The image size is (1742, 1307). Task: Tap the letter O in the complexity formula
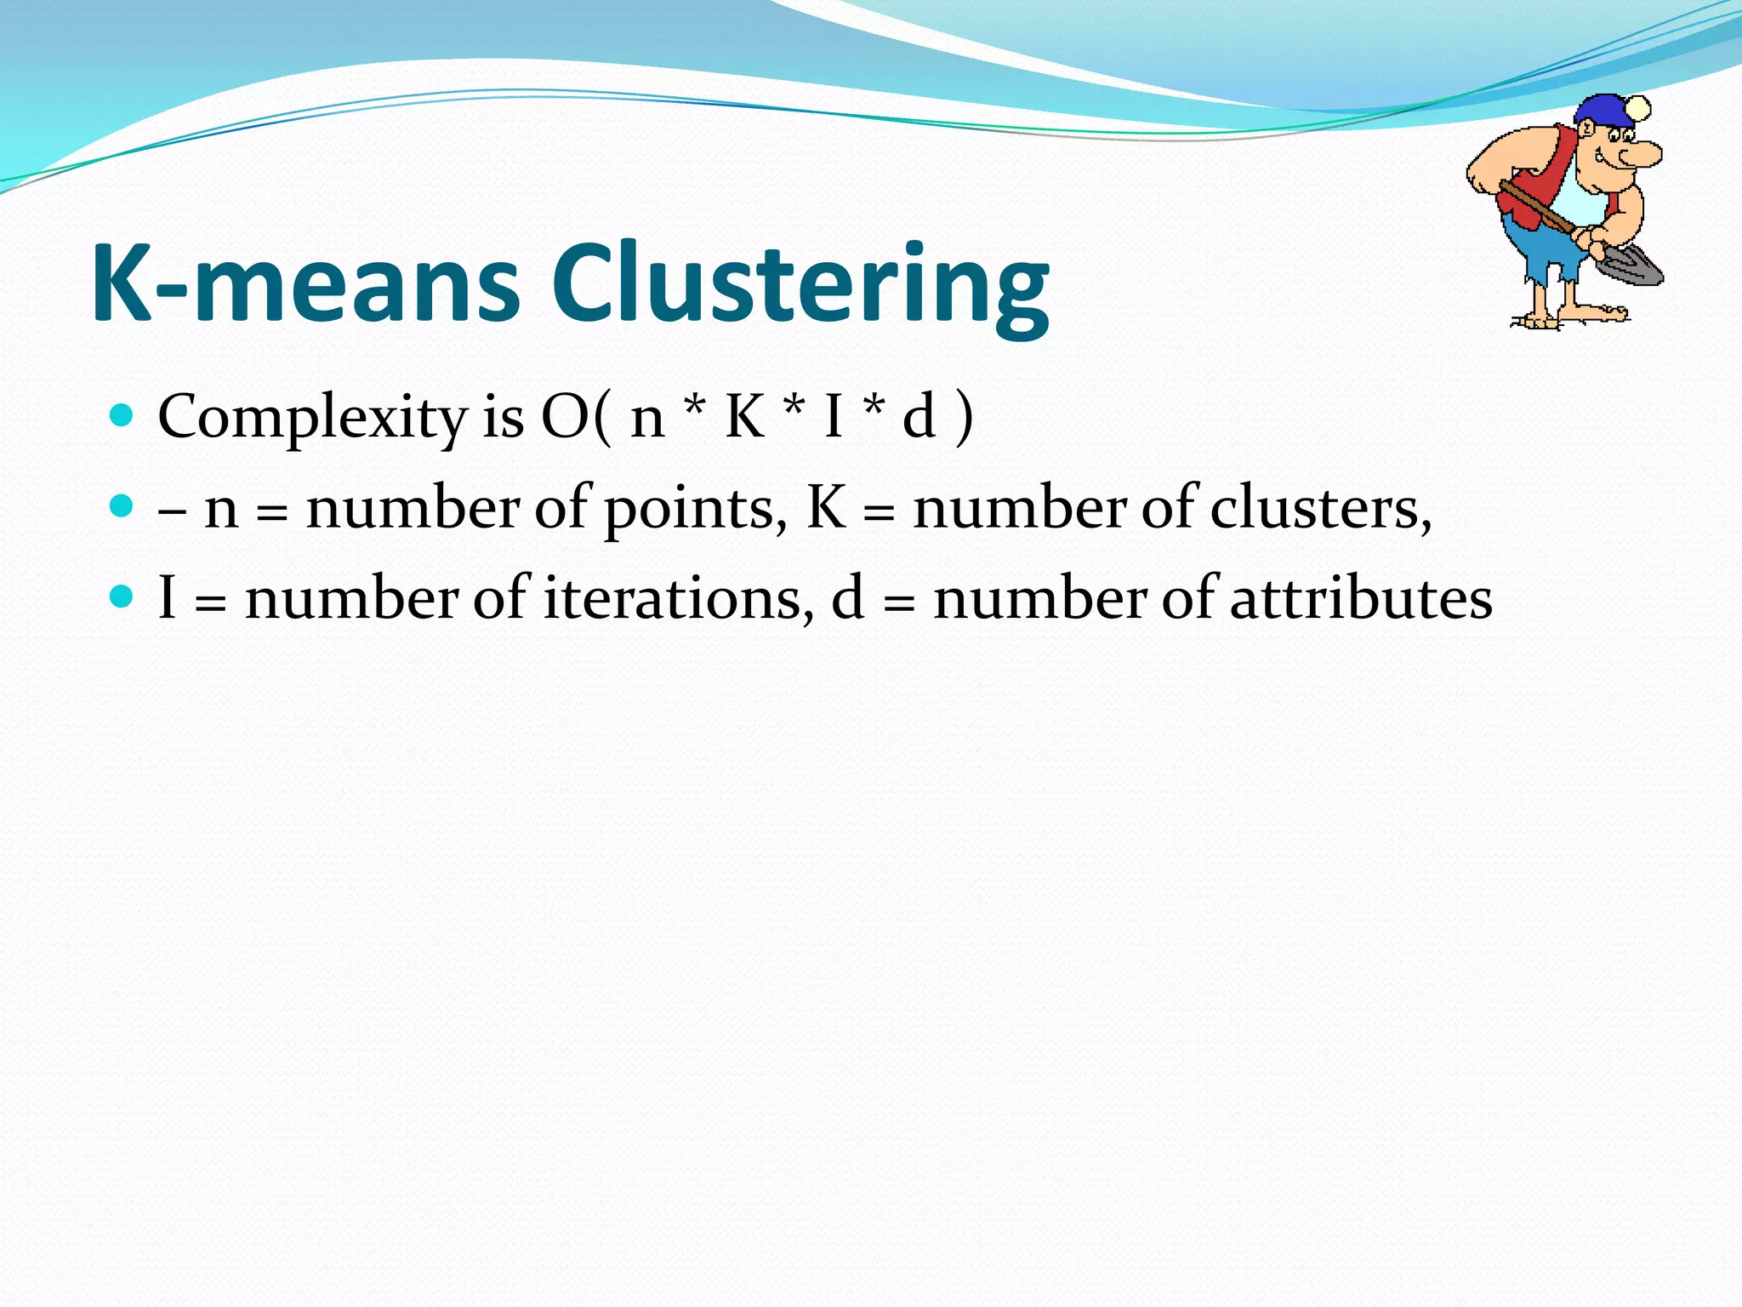click(565, 417)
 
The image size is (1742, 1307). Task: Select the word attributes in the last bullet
click(1361, 598)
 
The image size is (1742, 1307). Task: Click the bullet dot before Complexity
click(122, 415)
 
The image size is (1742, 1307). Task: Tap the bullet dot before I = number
click(122, 596)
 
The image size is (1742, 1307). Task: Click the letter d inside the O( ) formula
click(919, 417)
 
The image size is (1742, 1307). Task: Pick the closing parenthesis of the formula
click(964, 417)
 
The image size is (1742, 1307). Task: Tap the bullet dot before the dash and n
click(122, 506)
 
